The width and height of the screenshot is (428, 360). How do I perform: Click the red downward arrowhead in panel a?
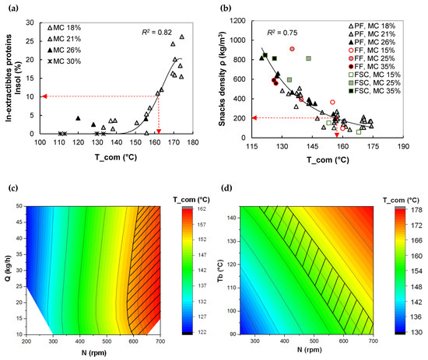point(159,130)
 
